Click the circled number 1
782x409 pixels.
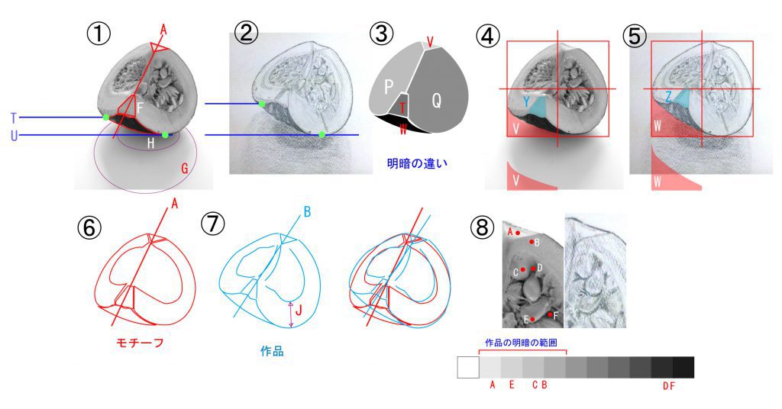99,34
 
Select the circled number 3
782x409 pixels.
382,34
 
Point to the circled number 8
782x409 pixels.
483,228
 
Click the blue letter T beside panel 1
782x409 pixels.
14,118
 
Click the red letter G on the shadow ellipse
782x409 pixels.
185,169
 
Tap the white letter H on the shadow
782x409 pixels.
150,144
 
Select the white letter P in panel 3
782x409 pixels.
389,87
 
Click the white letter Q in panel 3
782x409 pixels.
436,101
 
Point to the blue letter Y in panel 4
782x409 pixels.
526,101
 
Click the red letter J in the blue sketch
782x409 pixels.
299,311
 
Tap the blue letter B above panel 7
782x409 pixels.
307,212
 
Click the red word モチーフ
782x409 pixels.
140,343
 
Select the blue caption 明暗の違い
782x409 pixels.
417,163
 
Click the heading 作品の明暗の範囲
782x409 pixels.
521,343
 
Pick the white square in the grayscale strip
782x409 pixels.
468,367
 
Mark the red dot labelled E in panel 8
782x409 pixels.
532,319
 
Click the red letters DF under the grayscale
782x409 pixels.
669,386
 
